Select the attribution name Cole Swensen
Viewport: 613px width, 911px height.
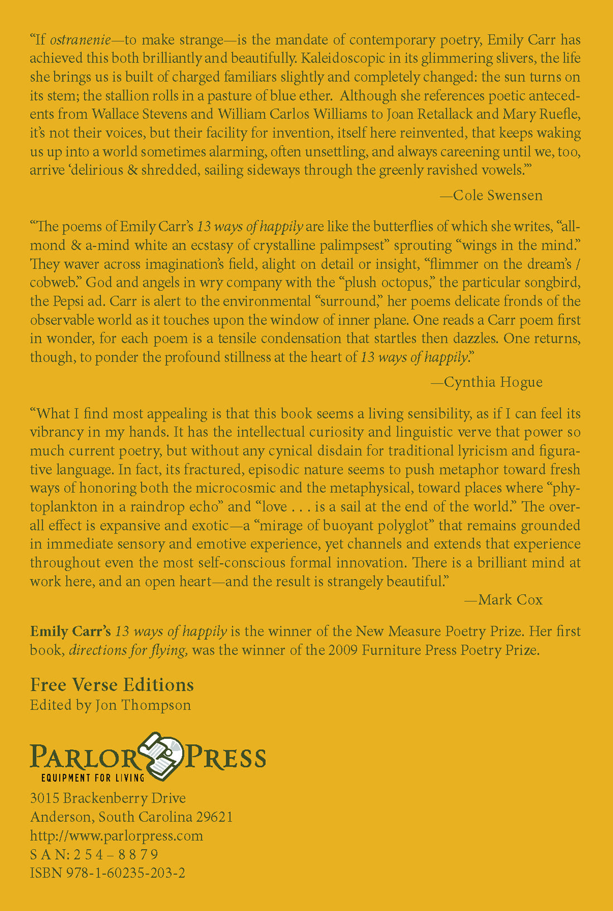click(x=498, y=195)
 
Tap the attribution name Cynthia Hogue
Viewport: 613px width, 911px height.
click(x=493, y=382)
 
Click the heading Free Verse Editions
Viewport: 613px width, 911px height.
click(x=112, y=685)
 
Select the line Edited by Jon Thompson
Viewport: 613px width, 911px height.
click(x=110, y=705)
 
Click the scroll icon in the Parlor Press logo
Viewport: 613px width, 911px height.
click(x=162, y=755)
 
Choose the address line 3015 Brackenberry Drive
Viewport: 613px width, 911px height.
click(x=108, y=798)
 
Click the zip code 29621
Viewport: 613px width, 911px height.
click(x=214, y=817)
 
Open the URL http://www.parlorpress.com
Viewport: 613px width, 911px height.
click(x=116, y=836)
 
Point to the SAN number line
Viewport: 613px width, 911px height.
click(x=94, y=855)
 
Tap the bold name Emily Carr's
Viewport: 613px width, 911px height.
click(x=70, y=632)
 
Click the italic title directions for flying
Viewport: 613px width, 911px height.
click(x=128, y=651)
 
